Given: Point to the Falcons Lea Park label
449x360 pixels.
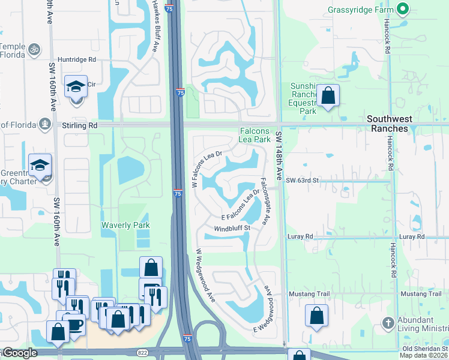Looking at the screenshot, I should click(x=255, y=134).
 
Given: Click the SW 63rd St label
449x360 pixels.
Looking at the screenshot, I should click(x=301, y=180).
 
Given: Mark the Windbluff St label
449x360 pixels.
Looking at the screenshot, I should click(x=232, y=228).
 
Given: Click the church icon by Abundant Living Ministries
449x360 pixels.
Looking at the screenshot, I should click(x=388, y=322).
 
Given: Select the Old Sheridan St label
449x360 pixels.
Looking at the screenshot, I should click(x=424, y=349).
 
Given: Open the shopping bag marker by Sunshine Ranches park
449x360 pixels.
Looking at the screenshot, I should click(x=328, y=96).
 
